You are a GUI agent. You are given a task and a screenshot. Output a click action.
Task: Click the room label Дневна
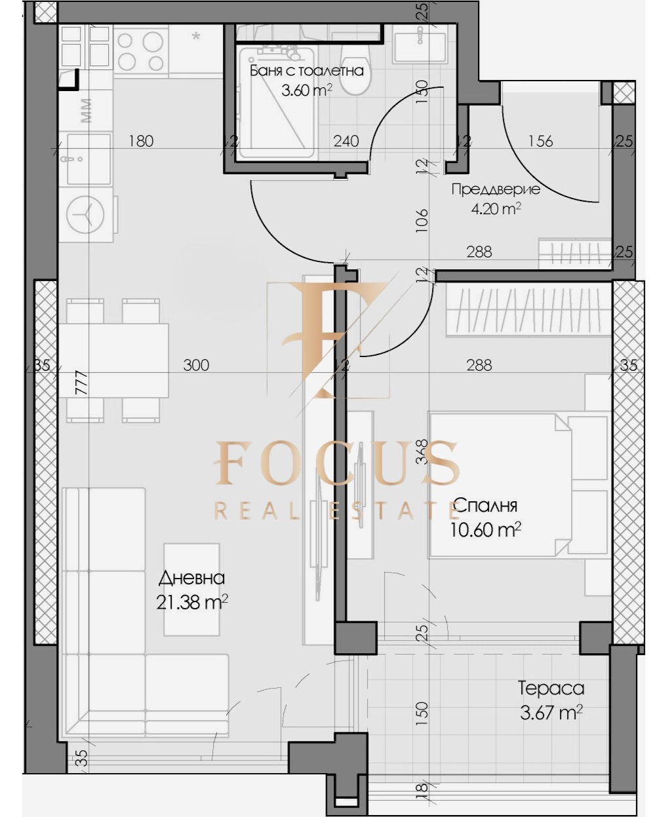(x=191, y=578)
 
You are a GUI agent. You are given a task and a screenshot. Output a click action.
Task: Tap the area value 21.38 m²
(x=191, y=602)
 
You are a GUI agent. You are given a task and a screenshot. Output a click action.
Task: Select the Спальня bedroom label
(x=485, y=505)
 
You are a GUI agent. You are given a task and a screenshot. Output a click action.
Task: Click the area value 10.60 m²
(x=485, y=529)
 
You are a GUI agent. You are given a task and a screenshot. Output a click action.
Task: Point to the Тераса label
(x=551, y=689)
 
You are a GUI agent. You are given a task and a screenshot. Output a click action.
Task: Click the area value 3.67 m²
(x=551, y=713)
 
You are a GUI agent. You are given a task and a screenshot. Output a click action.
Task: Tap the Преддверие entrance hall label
(x=496, y=189)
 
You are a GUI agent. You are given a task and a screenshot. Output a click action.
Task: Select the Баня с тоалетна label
(x=306, y=71)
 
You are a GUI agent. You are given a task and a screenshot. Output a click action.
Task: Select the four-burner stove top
(x=140, y=52)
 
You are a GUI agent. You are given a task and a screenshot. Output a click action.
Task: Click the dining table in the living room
(x=113, y=360)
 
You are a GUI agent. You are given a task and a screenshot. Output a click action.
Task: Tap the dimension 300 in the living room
(x=196, y=365)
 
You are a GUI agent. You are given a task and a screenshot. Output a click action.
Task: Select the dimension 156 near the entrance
(x=540, y=141)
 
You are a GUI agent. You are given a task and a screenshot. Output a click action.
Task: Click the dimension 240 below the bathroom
(x=346, y=141)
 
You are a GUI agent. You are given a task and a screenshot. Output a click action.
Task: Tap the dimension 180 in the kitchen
(x=141, y=141)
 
